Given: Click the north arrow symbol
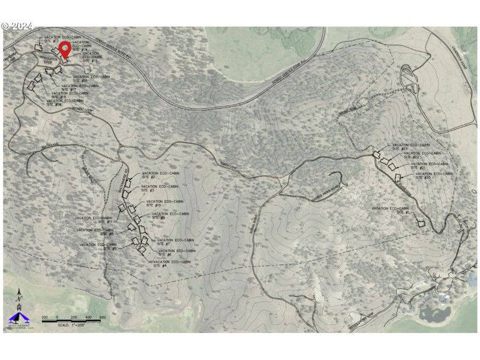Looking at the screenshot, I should [x=19, y=296].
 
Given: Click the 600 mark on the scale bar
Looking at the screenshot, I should [x=103, y=317].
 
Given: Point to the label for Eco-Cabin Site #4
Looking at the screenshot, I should [x=168, y=263].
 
